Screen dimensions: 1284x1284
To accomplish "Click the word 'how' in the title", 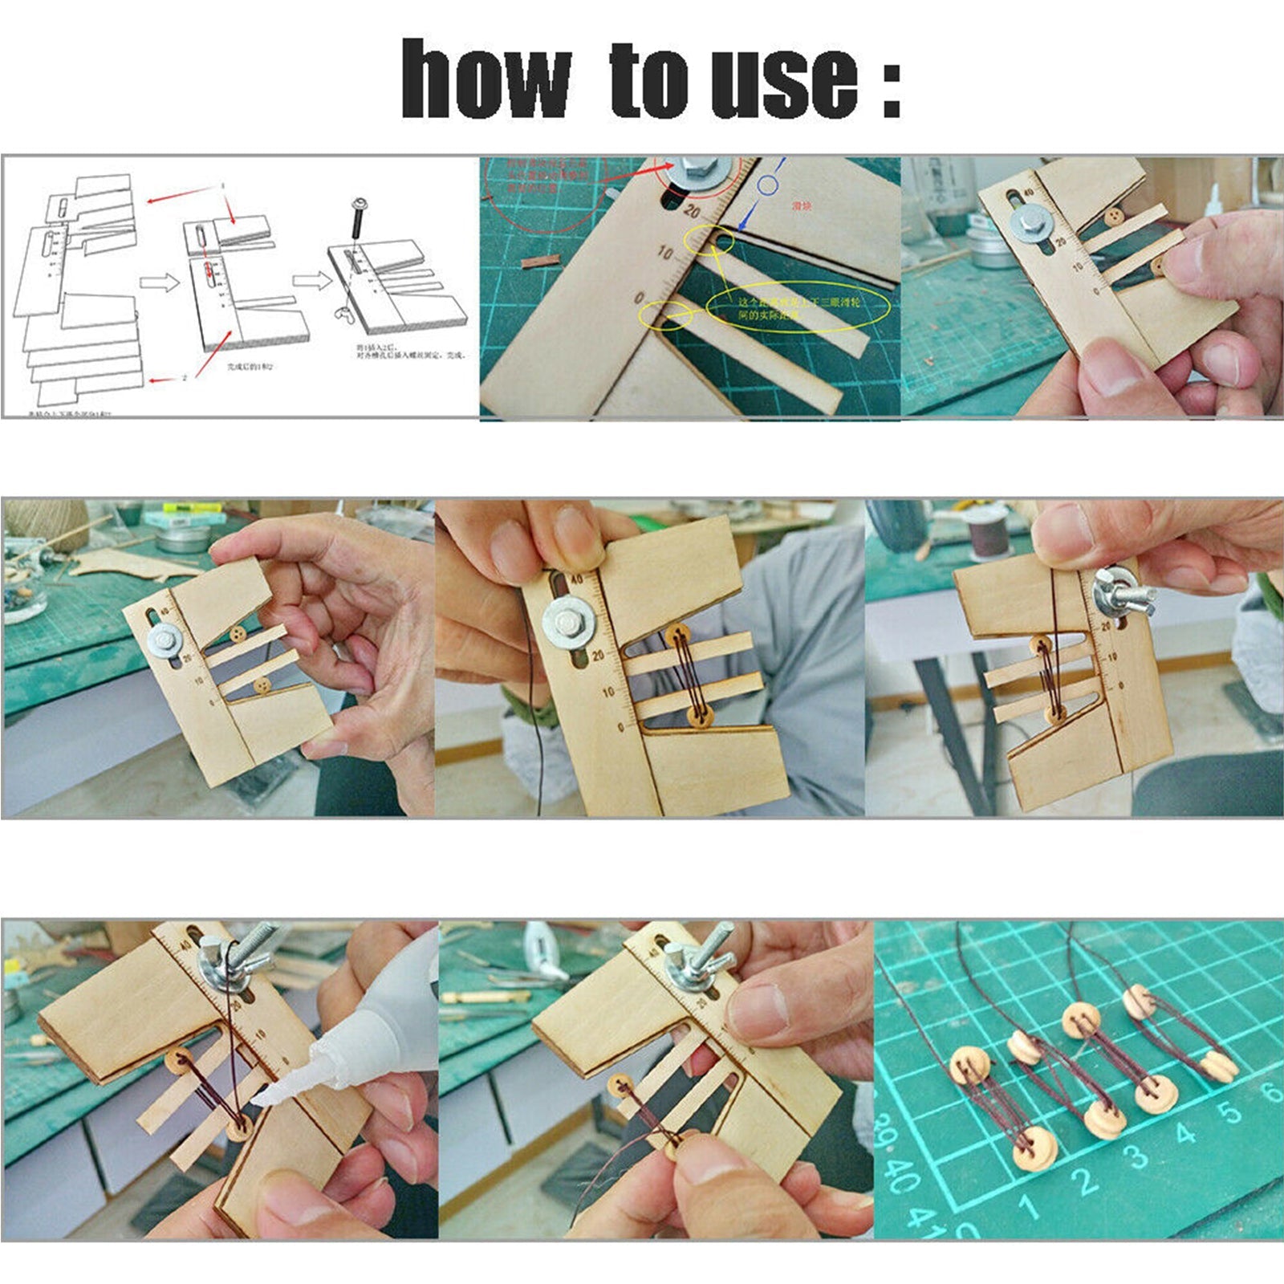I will (485, 80).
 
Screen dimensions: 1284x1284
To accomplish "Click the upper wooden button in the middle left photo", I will (238, 635).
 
